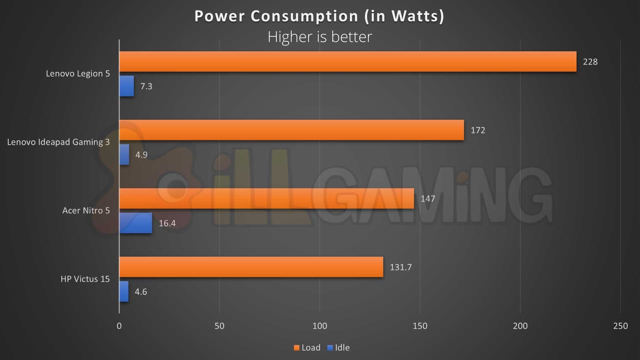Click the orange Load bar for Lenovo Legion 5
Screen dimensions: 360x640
348,62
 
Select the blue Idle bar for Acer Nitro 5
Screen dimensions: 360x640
136,223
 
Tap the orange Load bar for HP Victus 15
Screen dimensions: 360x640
251,267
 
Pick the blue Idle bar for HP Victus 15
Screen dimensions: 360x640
124,292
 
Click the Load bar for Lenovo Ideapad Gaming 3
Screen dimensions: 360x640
292,130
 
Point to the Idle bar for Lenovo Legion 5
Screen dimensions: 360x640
127,86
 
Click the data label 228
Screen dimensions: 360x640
590,62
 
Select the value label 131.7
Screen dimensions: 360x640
401,267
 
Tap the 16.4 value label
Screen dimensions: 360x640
167,223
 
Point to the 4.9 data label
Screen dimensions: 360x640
141,155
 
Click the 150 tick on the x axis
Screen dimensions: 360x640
420,326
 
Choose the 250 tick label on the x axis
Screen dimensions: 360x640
620,326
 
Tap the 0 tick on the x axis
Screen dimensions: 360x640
119,326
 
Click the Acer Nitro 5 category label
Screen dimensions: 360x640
86,211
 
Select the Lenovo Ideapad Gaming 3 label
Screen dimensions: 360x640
58,142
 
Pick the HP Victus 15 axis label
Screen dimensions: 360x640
85,279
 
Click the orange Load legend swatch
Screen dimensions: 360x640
297,348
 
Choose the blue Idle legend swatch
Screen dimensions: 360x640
330,348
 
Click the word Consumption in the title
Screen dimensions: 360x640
304,16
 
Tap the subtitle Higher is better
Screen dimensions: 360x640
320,37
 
